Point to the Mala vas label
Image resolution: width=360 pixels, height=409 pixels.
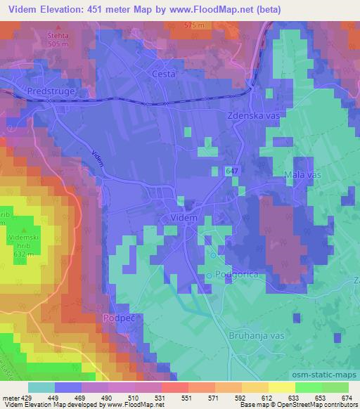click(302, 174)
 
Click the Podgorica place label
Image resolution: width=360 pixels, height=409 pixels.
click(233, 273)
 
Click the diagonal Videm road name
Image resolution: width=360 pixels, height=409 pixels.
click(98, 157)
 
